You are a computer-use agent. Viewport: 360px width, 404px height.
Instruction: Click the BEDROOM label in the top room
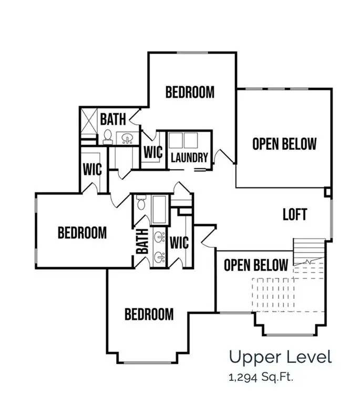(190, 92)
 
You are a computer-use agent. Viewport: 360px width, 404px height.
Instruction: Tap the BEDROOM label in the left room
(82, 233)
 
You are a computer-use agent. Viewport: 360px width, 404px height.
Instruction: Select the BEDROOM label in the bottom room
(149, 315)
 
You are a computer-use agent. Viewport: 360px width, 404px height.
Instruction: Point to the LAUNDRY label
(189, 157)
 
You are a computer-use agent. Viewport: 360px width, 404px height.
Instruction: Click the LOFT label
(294, 215)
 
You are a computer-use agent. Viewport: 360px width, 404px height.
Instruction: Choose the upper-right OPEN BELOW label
(284, 144)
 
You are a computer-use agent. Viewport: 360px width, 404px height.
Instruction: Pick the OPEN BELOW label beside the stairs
(256, 265)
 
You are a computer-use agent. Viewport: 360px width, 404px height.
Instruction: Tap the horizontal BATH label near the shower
(113, 119)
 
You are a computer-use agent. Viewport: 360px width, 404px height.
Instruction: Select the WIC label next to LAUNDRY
(152, 153)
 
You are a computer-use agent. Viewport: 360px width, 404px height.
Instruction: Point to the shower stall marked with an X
(89, 122)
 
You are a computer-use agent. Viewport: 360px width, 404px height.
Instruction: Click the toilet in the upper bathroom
(108, 137)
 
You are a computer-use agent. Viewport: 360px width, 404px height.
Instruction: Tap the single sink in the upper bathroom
(127, 139)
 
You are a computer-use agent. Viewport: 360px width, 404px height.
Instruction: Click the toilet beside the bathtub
(141, 202)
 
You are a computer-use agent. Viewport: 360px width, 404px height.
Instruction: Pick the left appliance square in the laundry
(176, 139)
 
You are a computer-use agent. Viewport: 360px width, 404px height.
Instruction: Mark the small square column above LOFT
(328, 192)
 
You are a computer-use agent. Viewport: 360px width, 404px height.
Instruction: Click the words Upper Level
(280, 358)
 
